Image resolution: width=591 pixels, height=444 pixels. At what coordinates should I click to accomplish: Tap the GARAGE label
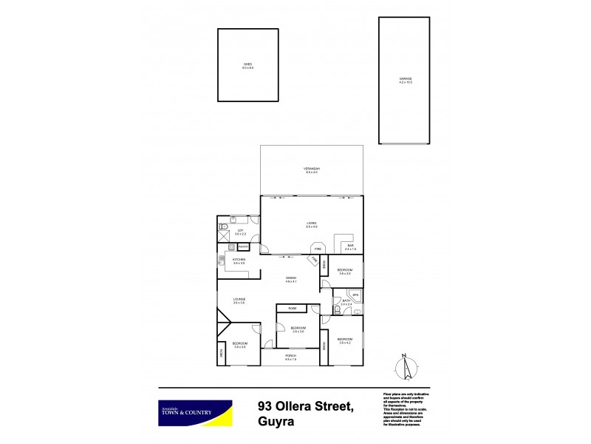[406, 79]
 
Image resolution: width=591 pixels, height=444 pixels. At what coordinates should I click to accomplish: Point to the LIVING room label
[312, 223]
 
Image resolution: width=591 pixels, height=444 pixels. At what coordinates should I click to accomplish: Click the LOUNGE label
[239, 300]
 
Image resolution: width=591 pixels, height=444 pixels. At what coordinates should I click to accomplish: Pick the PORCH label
[290, 358]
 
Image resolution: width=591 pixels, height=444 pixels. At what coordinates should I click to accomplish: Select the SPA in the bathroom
[355, 295]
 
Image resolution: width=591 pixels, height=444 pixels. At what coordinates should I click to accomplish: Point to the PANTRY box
[243, 246]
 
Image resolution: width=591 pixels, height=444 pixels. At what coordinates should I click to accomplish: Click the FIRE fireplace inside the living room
[318, 249]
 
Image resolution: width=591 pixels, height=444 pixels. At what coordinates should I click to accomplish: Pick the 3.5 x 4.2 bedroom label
[344, 340]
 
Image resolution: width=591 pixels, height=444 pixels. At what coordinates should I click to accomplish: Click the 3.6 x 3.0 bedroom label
[344, 272]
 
